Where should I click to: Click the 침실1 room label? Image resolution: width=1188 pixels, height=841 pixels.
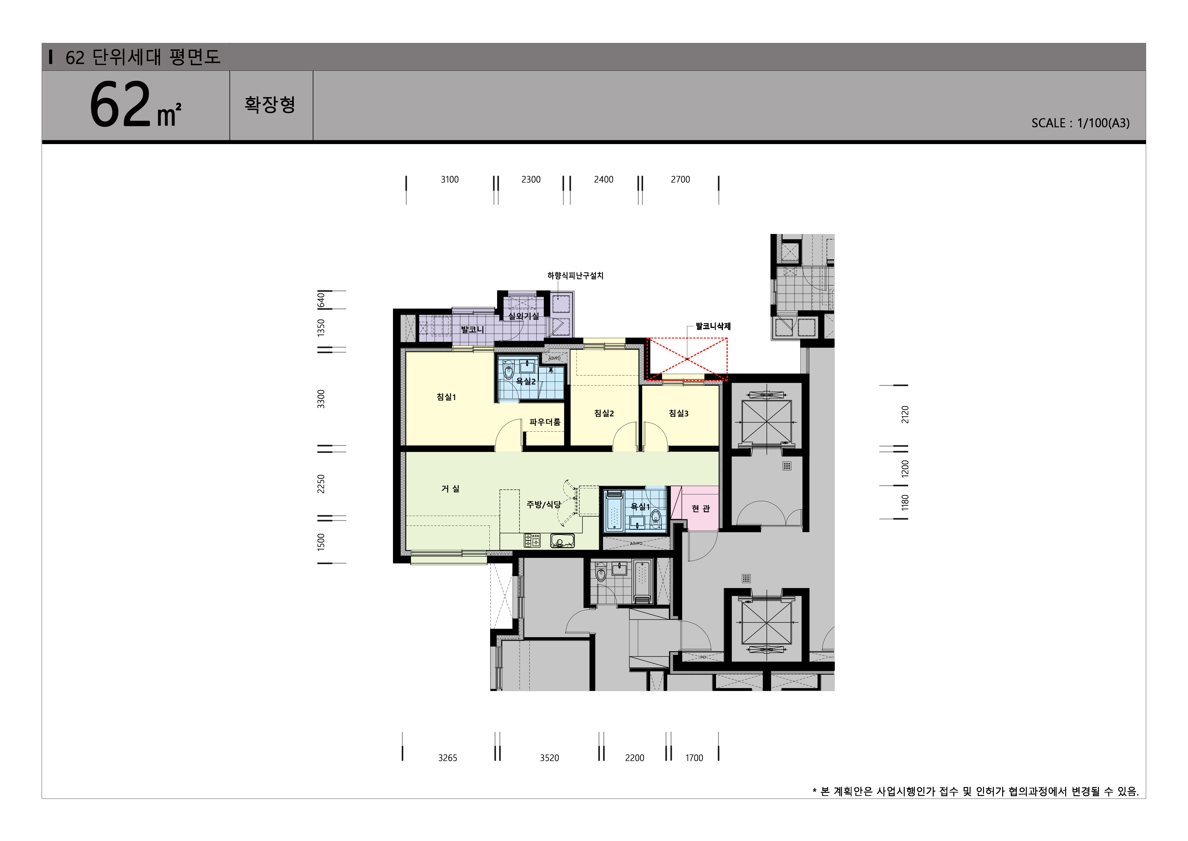446,397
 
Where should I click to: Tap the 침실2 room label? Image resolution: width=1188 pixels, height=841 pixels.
604,413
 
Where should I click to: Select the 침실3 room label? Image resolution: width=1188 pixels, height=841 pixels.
678,413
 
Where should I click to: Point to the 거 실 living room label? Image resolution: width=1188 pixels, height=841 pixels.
450,489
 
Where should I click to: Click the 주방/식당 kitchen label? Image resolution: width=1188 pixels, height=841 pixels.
543,504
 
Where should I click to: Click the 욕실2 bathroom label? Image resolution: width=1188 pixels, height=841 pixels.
526,382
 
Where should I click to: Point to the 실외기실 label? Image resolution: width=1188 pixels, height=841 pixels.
524,316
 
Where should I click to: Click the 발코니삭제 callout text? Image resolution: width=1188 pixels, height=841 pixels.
713,326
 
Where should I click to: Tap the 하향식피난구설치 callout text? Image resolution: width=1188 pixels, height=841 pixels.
575,276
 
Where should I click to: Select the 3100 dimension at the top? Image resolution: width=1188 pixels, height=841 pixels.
450,180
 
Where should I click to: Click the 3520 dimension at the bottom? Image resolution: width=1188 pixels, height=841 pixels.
550,758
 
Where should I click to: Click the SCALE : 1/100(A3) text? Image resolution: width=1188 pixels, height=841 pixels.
1080,123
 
